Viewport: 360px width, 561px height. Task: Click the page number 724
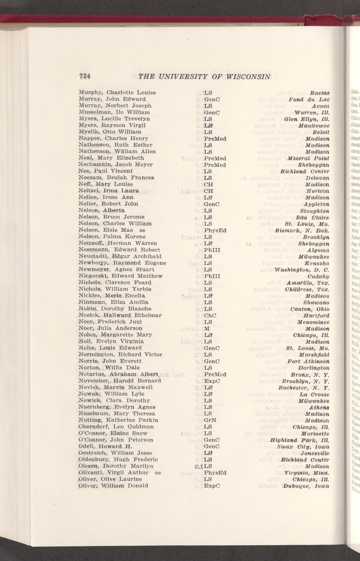(85, 76)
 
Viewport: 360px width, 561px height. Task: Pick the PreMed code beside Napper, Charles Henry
(215, 139)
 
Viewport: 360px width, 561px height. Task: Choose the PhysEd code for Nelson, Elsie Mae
(215, 230)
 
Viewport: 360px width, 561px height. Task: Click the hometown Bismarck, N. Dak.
(305, 230)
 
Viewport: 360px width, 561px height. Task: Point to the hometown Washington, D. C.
(302, 269)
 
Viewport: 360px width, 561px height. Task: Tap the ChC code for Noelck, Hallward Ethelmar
(209, 315)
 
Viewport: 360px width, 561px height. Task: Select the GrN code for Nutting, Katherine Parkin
(209, 420)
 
